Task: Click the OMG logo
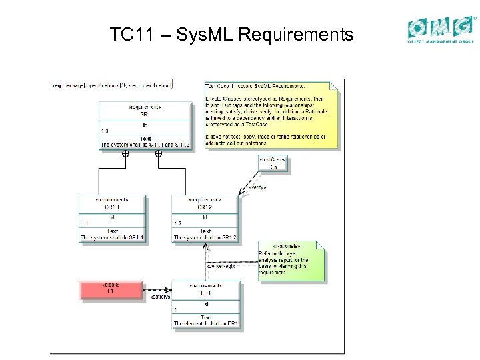click(442, 30)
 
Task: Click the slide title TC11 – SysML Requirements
click(231, 35)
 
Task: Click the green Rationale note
click(291, 261)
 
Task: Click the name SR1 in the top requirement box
click(145, 114)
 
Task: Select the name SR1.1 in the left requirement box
click(112, 207)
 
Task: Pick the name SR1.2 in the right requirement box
click(205, 207)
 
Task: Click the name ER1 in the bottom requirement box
click(206, 293)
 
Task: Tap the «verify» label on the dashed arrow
click(257, 187)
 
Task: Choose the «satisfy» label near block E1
click(160, 297)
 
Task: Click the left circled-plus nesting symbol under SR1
click(125, 154)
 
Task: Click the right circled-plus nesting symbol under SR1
click(159, 154)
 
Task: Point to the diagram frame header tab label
click(112, 85)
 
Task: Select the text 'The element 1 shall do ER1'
click(206, 324)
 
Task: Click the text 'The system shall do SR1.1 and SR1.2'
click(145, 145)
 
